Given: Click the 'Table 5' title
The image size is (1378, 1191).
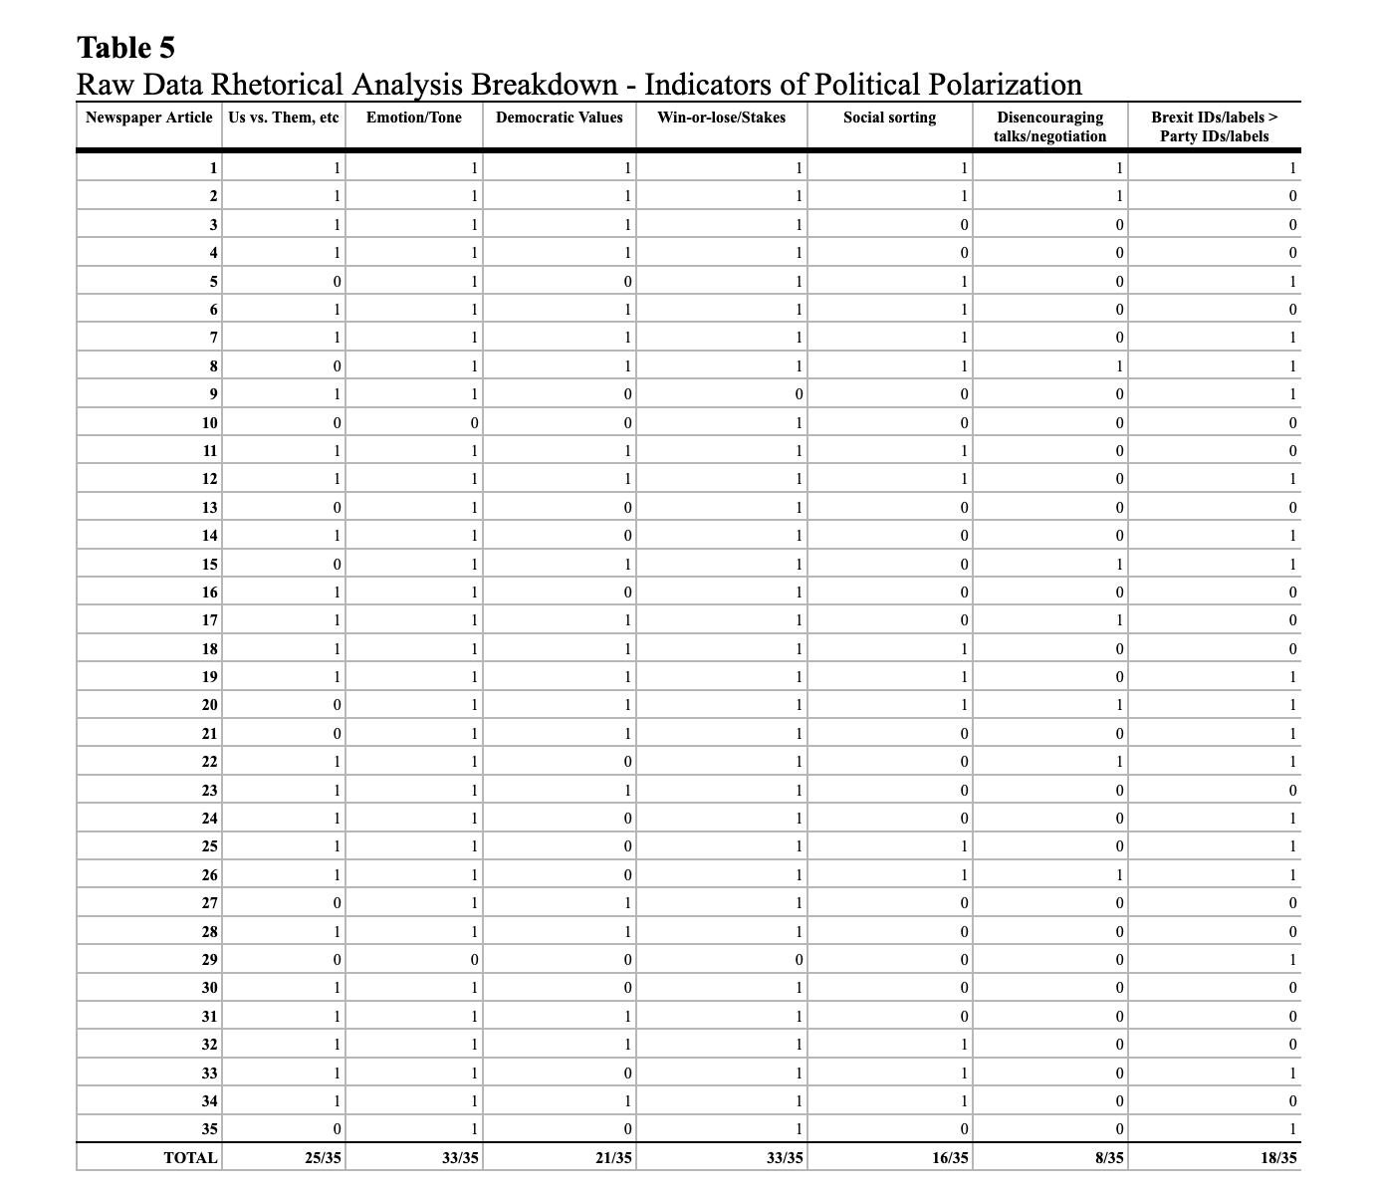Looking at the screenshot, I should (125, 48).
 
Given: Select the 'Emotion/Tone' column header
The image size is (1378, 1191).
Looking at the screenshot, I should (413, 118).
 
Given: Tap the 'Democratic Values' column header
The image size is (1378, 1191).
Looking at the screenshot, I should (559, 118).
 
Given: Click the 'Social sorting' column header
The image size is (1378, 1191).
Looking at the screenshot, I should (889, 118).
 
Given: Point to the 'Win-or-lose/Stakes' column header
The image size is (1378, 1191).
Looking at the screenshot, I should (721, 118).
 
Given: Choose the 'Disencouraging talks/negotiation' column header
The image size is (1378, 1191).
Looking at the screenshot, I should (1050, 126).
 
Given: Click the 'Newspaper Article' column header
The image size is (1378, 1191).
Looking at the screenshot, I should (149, 118).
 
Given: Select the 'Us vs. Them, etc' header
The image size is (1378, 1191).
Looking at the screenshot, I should (284, 118).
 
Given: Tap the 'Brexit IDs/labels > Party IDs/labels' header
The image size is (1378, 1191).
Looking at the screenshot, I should (1214, 126).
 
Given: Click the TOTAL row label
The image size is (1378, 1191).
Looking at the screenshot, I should (190, 1157).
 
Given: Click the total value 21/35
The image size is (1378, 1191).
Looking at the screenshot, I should (613, 1157).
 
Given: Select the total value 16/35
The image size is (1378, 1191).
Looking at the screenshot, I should (950, 1157).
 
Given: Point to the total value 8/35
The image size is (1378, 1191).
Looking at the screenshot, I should (1109, 1157).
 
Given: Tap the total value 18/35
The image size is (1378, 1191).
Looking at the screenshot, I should (1278, 1157).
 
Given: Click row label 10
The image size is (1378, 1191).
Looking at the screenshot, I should (209, 422).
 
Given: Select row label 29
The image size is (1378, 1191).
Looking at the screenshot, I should (209, 960).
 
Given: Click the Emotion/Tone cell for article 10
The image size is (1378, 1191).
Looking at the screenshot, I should (474, 422).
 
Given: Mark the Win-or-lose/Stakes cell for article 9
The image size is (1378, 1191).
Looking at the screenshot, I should (799, 394).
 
